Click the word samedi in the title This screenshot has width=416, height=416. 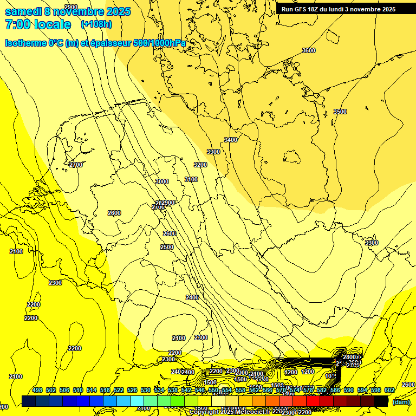tap(23, 11)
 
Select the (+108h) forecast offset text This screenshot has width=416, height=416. tap(96, 24)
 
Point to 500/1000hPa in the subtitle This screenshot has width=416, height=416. tap(162, 43)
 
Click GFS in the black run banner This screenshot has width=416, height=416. tap(302, 9)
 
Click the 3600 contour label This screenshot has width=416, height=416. tap(308, 50)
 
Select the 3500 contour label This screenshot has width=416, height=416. tap(340, 112)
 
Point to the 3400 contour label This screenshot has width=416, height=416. tap(231, 140)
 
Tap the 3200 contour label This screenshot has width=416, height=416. tap(200, 165)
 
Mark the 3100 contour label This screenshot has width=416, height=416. tap(191, 179)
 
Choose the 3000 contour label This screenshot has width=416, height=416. tap(161, 181)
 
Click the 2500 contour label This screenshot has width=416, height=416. tap(167, 247)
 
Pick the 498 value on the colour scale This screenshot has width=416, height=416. tap(37, 391)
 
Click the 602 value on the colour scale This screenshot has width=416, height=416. tap(389, 391)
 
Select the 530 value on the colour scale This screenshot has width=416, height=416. tap(146, 391)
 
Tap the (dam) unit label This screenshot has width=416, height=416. tap(401, 401)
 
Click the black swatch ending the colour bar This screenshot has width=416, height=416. tap(381, 401)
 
